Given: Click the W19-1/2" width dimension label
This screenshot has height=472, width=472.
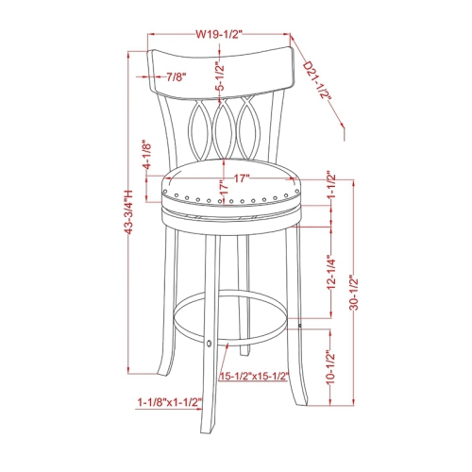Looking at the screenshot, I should coord(220,34).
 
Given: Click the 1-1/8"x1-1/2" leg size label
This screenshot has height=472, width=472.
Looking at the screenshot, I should coord(169,401).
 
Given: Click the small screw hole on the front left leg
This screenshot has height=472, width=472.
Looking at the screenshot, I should coord(210,343).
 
